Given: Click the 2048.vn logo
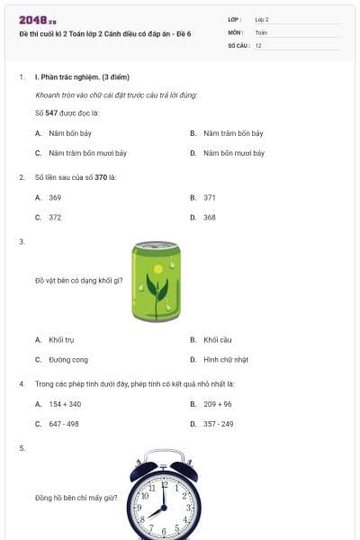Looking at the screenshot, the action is [38, 20].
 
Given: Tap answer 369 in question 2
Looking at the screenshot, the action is [55, 197].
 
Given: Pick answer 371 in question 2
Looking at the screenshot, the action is [210, 197].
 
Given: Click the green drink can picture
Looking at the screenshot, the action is [157, 281].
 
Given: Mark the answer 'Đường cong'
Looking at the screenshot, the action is [68, 359].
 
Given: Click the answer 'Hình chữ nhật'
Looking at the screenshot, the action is [224, 359].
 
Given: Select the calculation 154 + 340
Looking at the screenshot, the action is [65, 404].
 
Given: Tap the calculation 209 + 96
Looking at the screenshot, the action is [217, 404].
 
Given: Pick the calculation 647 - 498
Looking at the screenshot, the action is [64, 423].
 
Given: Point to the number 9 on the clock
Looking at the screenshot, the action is [139, 508].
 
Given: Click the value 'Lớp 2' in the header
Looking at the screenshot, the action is [262, 19].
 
